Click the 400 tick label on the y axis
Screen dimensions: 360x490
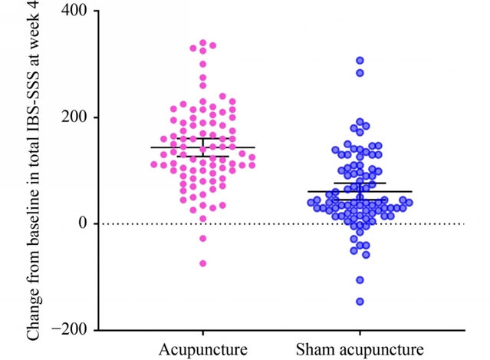pyautogui.click(x=71, y=12)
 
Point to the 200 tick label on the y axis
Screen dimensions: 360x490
pyautogui.click(x=71, y=117)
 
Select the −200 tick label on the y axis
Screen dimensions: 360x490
pyautogui.click(x=67, y=330)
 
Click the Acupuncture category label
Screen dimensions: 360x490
pyautogui.click(x=203, y=349)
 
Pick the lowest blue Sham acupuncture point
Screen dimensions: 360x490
pyautogui.click(x=360, y=302)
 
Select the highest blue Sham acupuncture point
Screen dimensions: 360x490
pyautogui.click(x=360, y=60)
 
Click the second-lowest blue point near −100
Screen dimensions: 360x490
pyautogui.click(x=360, y=280)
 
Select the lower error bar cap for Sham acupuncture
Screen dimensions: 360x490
pyautogui.click(x=360, y=200)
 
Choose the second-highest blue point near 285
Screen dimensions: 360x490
pyautogui.click(x=360, y=73)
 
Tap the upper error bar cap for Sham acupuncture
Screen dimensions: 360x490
pyautogui.click(x=360, y=183)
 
